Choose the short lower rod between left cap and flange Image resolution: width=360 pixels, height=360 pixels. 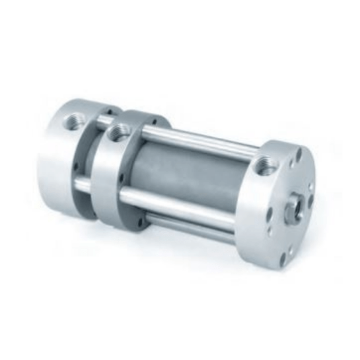[x=83, y=185]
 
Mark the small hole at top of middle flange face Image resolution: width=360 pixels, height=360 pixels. [x=152, y=122]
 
